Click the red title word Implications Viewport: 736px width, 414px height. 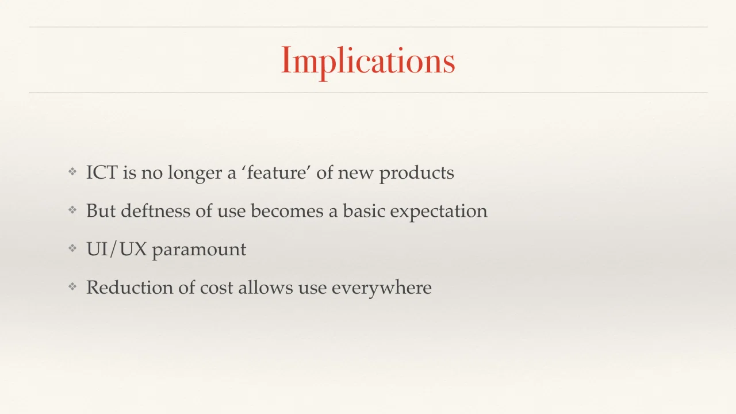(368, 61)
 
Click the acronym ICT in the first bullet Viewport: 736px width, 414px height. (102, 172)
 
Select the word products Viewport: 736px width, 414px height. (417, 173)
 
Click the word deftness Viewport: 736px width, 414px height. (155, 210)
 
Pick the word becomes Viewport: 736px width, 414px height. (287, 210)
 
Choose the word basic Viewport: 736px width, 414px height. (364, 210)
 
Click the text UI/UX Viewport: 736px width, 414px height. (116, 249)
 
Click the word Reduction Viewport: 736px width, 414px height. (129, 287)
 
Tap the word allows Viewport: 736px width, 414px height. (266, 287)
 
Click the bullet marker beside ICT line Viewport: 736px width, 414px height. (72, 171)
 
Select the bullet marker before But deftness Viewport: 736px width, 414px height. (72, 210)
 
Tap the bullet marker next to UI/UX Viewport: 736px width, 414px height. (72, 248)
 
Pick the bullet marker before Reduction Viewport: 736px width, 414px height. (72, 287)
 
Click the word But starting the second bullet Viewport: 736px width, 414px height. (101, 210)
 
